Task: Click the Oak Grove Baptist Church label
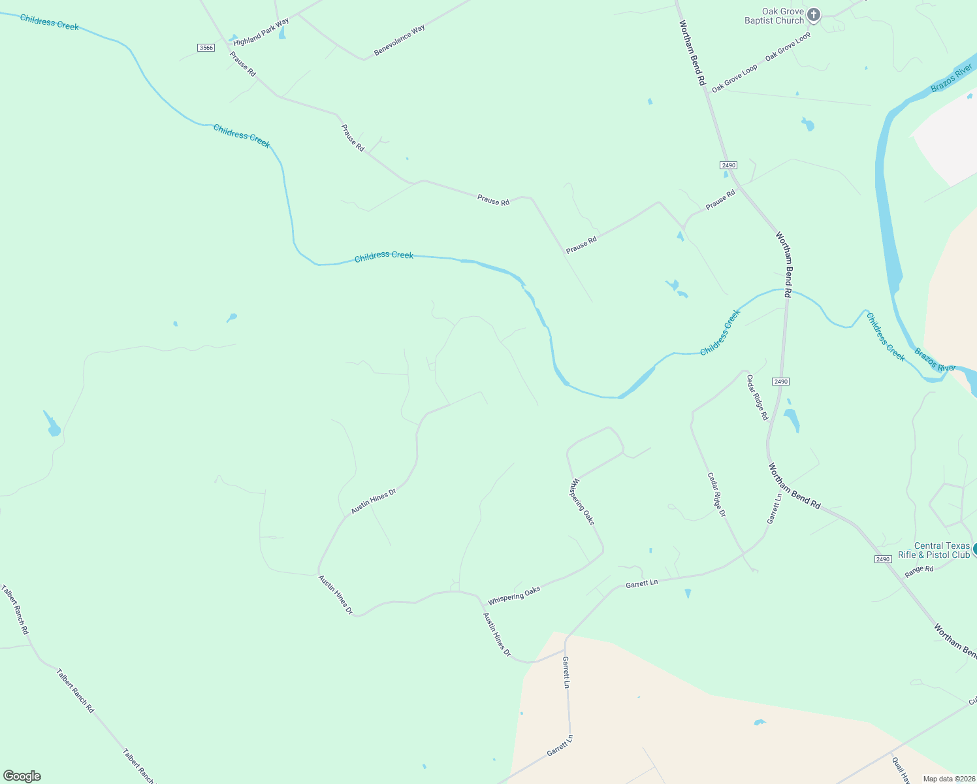[775, 16]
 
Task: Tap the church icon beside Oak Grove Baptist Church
[813, 14]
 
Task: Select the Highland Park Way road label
[261, 32]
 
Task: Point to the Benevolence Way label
[399, 40]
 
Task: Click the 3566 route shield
[206, 48]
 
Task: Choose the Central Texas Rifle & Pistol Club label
[934, 550]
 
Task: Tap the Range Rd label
[919, 571]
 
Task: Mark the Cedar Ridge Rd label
[757, 397]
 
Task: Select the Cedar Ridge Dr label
[716, 495]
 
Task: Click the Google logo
[22, 776]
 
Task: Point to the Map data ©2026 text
[948, 779]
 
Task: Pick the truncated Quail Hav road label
[901, 770]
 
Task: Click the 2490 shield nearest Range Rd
[882, 559]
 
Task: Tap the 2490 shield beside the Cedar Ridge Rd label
[780, 382]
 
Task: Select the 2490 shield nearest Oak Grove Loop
[728, 165]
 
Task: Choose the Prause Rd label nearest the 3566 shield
[242, 64]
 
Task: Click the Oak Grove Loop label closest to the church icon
[788, 46]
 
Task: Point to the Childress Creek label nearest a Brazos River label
[886, 336]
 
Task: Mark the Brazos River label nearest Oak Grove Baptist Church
[952, 78]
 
